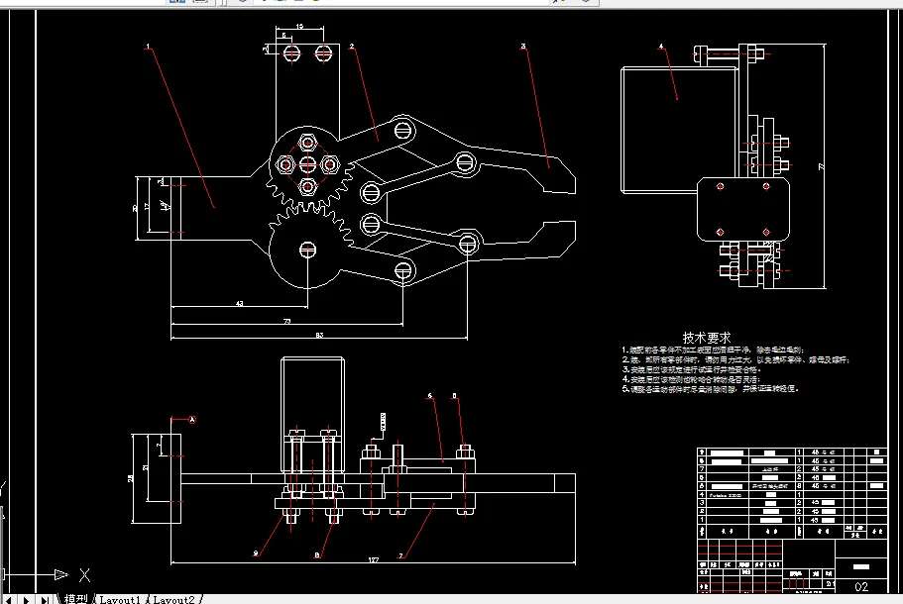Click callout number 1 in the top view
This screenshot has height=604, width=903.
pos(148,46)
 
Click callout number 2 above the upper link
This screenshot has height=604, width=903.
pos(351,46)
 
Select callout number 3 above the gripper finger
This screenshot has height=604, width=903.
pos(523,46)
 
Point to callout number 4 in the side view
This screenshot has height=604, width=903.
pos(661,46)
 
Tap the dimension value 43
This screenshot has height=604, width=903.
pos(239,303)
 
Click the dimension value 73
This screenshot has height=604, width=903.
pos(287,321)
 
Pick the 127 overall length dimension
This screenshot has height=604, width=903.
pos(373,560)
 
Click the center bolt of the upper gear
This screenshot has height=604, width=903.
pos(307,163)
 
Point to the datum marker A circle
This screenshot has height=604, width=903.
pos(192,420)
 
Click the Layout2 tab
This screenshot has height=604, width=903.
pos(174,599)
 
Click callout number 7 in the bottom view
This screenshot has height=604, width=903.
pos(400,555)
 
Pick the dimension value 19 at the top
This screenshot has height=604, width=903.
pos(300,26)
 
